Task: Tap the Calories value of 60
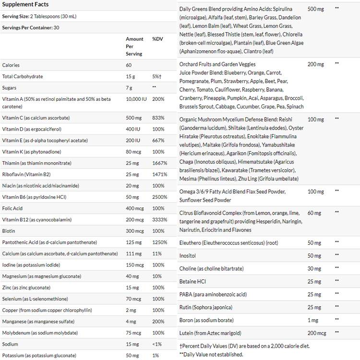coord(129,65)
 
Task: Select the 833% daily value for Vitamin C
coord(158,118)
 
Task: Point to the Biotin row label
coord(9,231)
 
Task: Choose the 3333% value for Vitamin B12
coord(159,219)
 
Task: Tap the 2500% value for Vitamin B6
coord(159,197)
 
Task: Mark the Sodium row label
coord(10,344)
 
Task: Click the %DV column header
coord(157,39)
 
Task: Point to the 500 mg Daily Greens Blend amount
coord(315,9)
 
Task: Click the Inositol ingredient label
coord(188,256)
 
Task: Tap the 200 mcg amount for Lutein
coord(317,333)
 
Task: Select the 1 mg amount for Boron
coord(313,320)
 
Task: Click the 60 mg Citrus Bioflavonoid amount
coord(314,213)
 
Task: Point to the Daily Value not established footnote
coord(211,354)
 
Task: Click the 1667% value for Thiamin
coord(159,163)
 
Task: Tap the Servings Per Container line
coord(31,27)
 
